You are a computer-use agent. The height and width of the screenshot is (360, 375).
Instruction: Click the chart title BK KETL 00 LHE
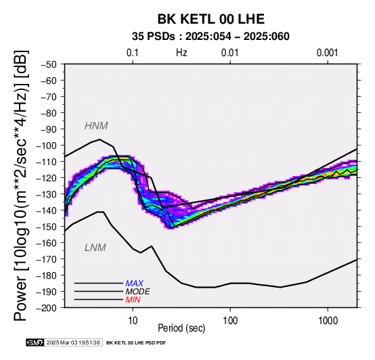click(211, 19)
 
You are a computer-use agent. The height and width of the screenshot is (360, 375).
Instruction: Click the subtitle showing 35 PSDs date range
click(211, 37)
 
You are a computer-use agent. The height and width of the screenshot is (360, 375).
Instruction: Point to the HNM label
click(96, 126)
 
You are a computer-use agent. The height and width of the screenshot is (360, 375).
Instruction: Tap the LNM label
click(95, 248)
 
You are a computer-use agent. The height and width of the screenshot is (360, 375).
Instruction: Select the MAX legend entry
click(135, 284)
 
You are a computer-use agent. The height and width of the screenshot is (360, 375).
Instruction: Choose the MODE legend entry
click(138, 292)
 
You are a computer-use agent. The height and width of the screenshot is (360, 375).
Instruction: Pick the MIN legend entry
click(133, 300)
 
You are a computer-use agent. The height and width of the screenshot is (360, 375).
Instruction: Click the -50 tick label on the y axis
click(49, 64)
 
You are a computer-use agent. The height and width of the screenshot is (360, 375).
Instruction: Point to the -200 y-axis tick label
click(47, 308)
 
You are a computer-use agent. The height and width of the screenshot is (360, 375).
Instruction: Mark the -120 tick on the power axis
click(47, 178)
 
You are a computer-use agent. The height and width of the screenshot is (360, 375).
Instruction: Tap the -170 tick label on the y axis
click(47, 259)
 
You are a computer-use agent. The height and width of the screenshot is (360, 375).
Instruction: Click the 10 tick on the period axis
click(133, 321)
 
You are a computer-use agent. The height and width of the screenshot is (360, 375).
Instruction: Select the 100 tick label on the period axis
click(230, 321)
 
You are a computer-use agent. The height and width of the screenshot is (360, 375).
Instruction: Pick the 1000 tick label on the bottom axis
click(328, 321)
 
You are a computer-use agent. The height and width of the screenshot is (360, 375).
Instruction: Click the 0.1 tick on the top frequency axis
click(133, 53)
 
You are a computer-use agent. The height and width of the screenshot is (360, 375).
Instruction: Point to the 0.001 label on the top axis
click(327, 53)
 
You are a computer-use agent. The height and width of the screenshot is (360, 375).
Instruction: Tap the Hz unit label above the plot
click(181, 53)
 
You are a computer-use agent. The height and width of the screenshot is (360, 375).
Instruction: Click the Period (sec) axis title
click(181, 328)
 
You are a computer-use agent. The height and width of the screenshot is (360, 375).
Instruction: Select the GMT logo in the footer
click(35, 343)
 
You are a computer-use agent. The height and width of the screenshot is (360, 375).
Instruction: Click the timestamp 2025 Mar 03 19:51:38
click(73, 343)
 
